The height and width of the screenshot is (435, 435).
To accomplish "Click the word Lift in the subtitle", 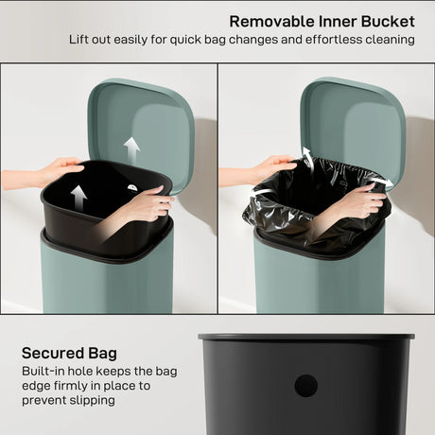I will point(81,41).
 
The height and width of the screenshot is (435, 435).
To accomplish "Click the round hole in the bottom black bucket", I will point(305,385).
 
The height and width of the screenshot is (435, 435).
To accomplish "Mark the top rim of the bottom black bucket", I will point(305,336).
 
